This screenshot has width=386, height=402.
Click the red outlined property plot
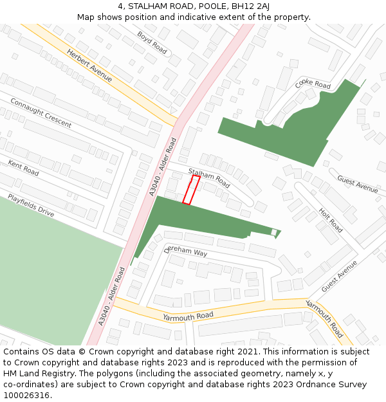pyautogui.click(x=191, y=190)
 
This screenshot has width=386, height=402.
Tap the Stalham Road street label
pyautogui.click(x=208, y=178)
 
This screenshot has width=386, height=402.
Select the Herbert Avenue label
pyautogui.click(x=89, y=66)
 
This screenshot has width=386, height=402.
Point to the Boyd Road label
pyautogui.click(x=152, y=42)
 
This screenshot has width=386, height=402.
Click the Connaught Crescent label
pyautogui.click(x=41, y=113)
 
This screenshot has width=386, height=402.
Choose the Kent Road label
pyautogui.click(x=23, y=169)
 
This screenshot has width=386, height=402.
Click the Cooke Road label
pyautogui.click(x=313, y=85)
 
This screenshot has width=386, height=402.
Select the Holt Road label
pyautogui.click(x=330, y=219)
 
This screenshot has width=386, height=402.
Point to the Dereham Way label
pyautogui.click(x=186, y=251)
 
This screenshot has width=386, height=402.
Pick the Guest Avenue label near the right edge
pyautogui.click(x=357, y=185)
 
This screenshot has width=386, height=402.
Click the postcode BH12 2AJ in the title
pyautogui.click(x=250, y=6)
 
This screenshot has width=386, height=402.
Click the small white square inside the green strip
pyautogui.click(x=273, y=232)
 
